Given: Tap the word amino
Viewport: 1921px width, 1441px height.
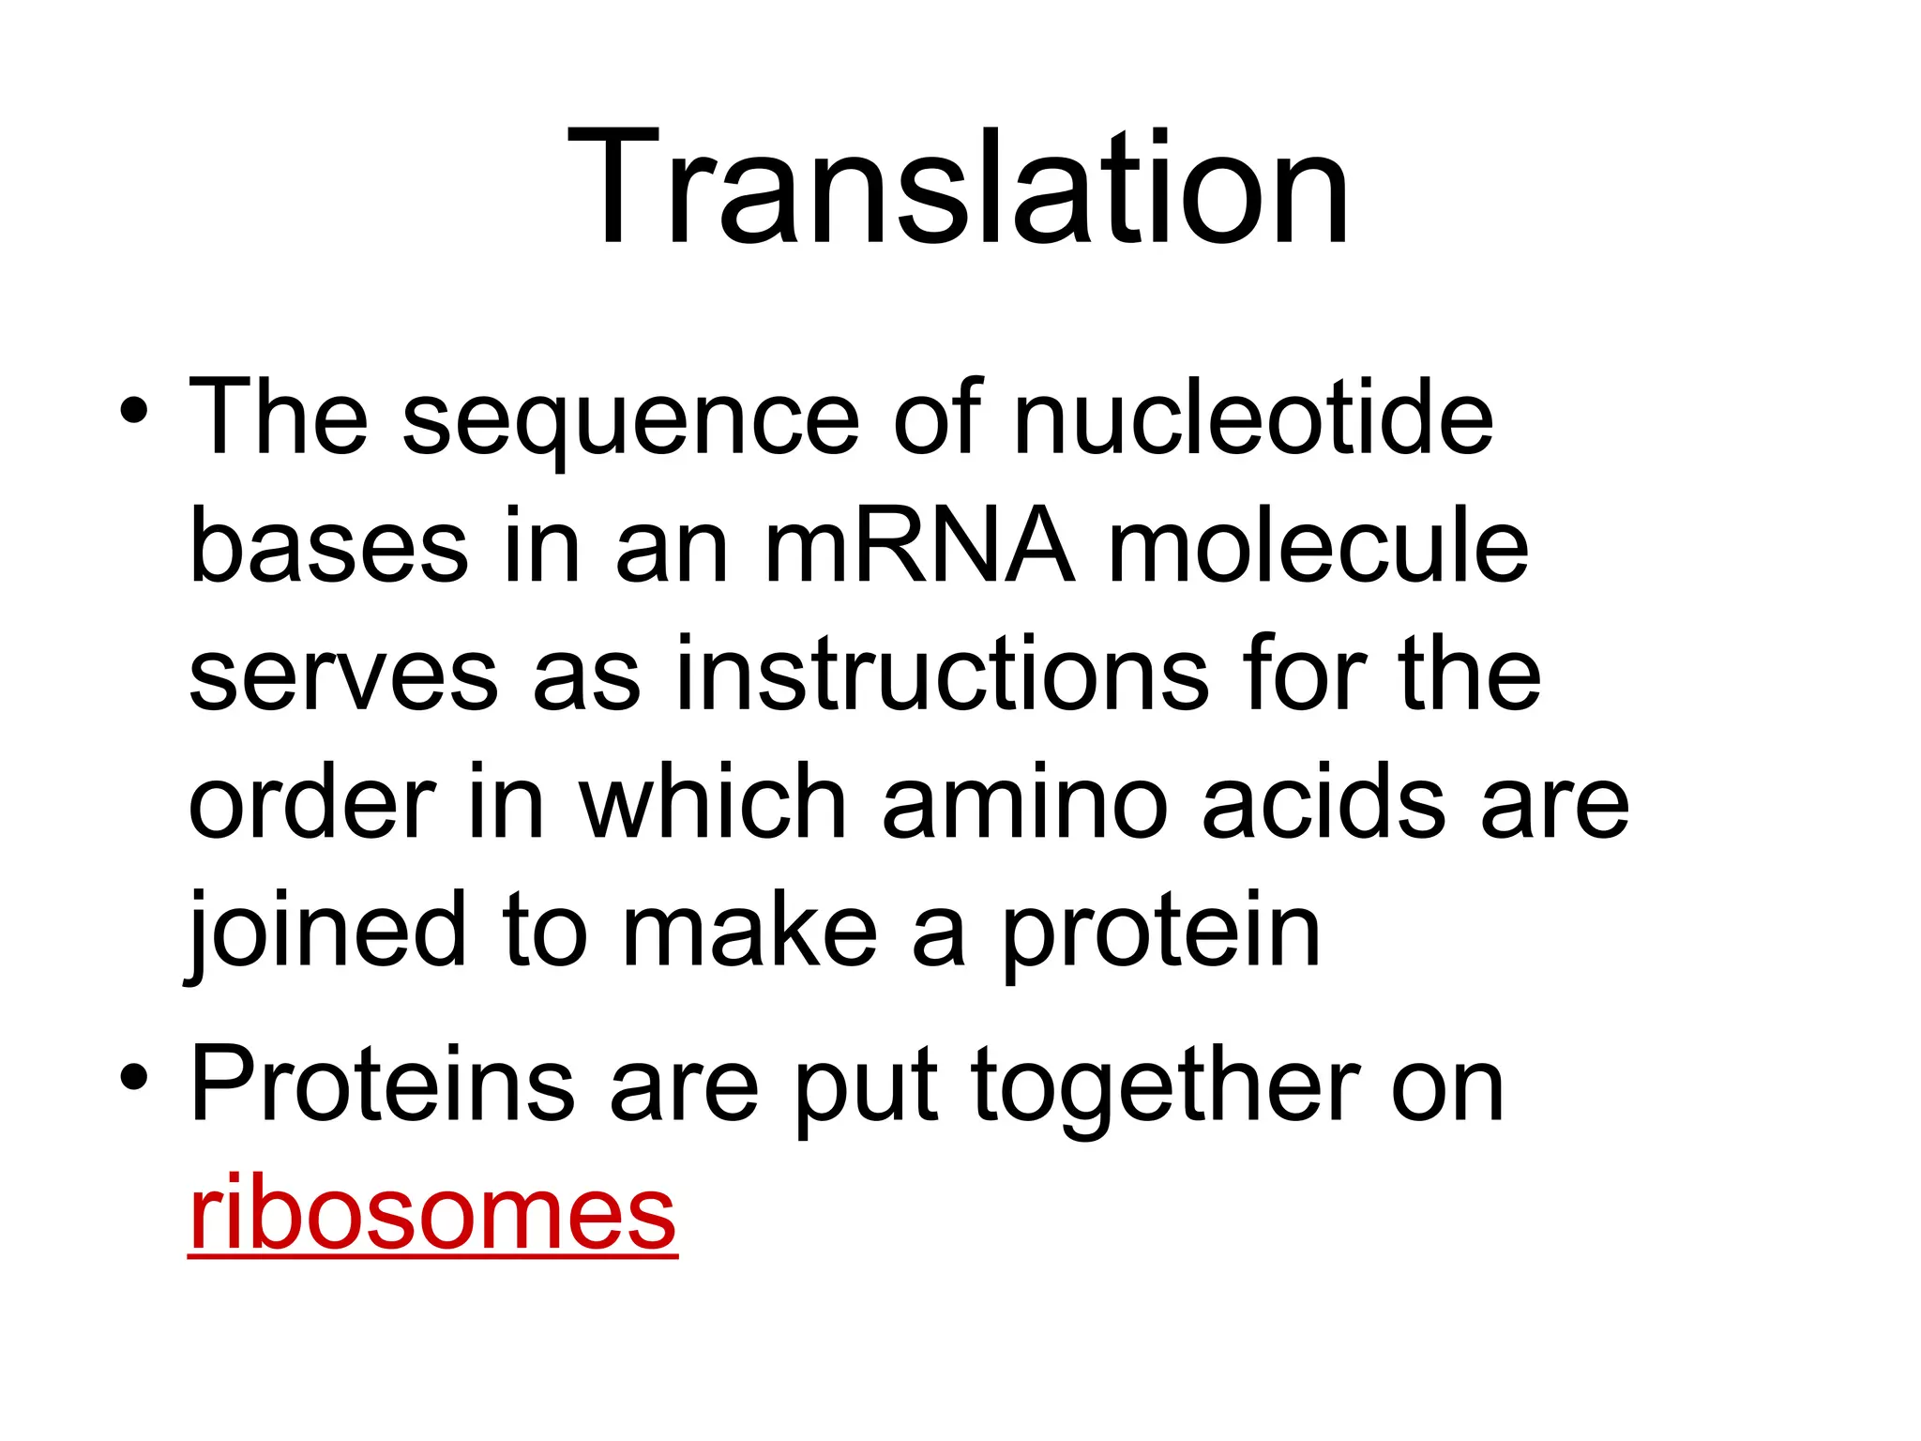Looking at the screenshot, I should coord(1024,803).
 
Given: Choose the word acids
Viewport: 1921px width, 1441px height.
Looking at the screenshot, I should coord(1324,803).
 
